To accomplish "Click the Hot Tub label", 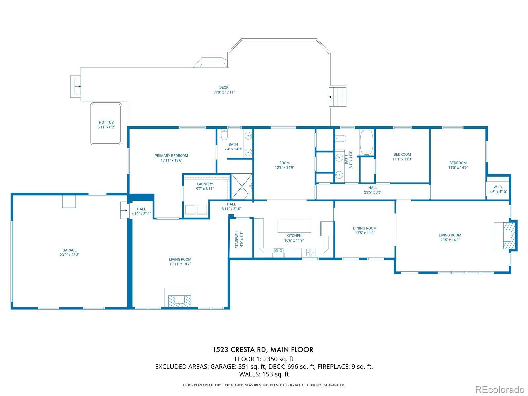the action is click(x=106, y=122).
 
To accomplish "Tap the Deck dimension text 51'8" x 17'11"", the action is click(x=224, y=92).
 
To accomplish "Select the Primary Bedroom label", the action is click(x=171, y=156).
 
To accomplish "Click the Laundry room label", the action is click(x=205, y=184).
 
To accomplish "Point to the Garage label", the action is click(x=70, y=250).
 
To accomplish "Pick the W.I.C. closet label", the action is click(x=498, y=187).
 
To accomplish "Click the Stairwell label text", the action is click(x=237, y=239).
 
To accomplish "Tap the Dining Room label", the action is click(x=365, y=228).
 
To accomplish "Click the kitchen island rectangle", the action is click(x=294, y=225).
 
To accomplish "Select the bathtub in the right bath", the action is click(x=366, y=143).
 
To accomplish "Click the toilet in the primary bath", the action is click(x=224, y=135).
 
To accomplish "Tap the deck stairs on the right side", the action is click(x=338, y=97).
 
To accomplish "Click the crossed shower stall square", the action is click(x=242, y=186).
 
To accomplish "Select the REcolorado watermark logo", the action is click(x=500, y=389).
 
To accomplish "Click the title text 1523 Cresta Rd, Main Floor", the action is click(x=263, y=350).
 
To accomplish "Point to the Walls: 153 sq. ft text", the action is click(x=264, y=374).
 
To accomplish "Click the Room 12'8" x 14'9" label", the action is click(x=284, y=165).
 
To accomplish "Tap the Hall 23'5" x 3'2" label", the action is click(x=373, y=190).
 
